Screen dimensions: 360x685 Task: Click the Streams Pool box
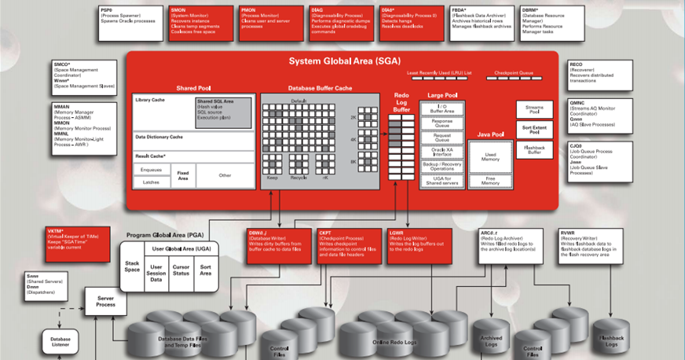click(x=534, y=110)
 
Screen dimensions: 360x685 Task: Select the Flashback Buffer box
click(x=534, y=150)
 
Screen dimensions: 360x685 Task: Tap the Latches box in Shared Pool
click(x=151, y=182)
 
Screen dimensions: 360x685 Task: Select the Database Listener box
click(x=60, y=343)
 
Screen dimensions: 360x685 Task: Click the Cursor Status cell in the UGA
click(x=181, y=270)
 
